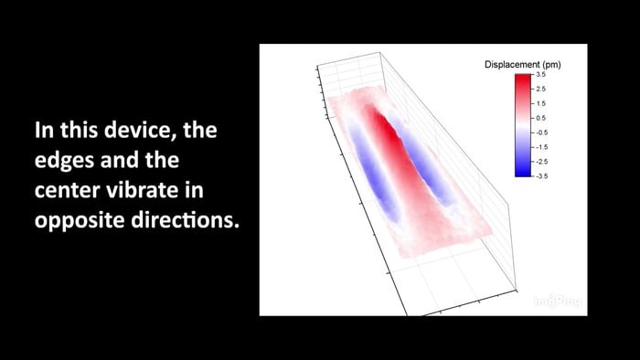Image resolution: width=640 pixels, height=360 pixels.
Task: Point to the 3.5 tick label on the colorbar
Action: [541, 75]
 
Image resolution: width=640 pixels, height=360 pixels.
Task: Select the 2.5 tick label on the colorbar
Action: [541, 90]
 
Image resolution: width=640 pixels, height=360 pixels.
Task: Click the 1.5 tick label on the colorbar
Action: [541, 103]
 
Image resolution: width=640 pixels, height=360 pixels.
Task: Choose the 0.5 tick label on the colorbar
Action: [541, 118]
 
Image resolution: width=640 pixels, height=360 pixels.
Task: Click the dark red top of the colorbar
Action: [523, 79]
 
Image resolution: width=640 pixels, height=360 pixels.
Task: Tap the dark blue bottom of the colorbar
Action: [523, 170]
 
